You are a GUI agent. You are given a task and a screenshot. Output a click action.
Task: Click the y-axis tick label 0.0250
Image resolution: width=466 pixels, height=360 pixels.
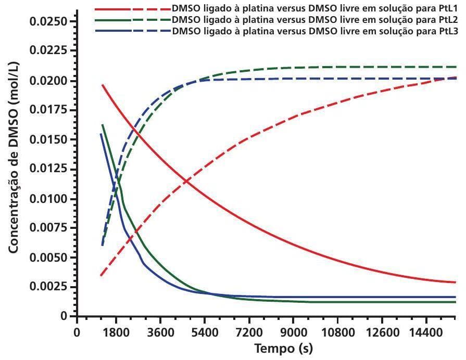pos(50,22)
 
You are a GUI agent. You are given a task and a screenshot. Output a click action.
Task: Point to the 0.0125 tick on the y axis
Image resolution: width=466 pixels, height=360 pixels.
pos(50,170)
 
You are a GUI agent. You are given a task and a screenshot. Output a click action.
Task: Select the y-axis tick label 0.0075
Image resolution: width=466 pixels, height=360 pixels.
pos(50,228)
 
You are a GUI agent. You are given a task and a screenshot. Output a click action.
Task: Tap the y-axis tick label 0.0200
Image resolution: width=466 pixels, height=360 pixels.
pos(50,81)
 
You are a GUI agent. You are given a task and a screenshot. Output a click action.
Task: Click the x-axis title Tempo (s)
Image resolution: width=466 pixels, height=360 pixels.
pos(284,348)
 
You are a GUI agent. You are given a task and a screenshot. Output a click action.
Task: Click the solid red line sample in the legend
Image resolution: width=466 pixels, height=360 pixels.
pos(112,9)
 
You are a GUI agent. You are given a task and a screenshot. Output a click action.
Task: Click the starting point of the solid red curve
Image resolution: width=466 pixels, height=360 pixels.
pos(103,85)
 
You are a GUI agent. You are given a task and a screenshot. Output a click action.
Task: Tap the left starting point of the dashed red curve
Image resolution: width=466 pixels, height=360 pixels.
pos(101,275)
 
